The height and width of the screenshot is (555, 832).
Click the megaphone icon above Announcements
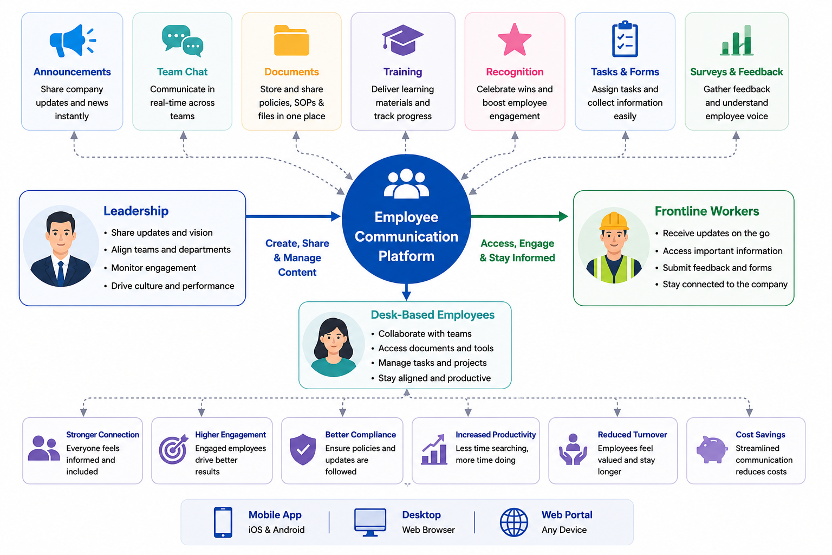[x=73, y=41]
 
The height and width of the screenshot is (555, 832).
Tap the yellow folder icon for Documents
[x=291, y=41]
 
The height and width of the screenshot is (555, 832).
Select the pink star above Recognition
[x=515, y=40]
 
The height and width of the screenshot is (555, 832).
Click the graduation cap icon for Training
[x=402, y=40]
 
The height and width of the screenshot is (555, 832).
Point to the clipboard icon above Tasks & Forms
[x=625, y=39]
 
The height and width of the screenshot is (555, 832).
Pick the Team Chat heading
[x=182, y=72]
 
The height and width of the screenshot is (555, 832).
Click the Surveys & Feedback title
[x=737, y=72]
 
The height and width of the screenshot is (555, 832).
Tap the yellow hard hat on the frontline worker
[x=614, y=221]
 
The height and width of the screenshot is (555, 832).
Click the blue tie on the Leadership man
[x=61, y=273]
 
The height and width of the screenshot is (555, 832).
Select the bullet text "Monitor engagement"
[x=153, y=268]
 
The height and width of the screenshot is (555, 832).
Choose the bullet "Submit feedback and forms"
[x=717, y=268]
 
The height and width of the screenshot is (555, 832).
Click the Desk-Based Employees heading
[x=432, y=315]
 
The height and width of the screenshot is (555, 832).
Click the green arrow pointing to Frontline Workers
[x=519, y=216]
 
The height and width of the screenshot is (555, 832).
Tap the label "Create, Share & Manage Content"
[x=297, y=257]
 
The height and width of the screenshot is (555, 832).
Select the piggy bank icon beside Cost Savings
[x=711, y=449]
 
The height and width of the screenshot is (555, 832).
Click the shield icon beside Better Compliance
[x=303, y=449]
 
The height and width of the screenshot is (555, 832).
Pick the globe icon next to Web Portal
[x=513, y=522]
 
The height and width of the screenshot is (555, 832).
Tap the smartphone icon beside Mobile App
[x=223, y=522]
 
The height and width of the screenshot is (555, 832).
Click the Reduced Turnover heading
[x=632, y=435]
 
